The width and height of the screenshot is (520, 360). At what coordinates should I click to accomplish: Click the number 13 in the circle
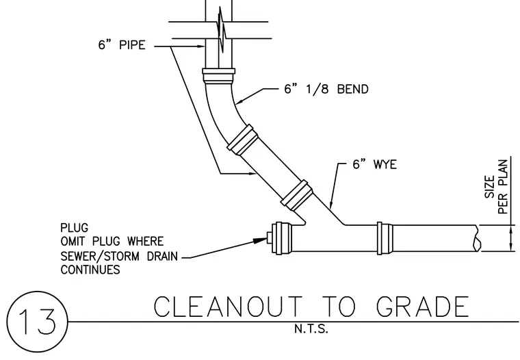[x=37, y=321]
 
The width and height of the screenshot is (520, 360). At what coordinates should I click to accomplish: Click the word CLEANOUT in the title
[x=228, y=307]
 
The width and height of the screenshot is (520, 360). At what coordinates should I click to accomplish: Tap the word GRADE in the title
[x=423, y=307]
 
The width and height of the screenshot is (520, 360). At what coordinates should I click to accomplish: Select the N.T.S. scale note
[x=311, y=329]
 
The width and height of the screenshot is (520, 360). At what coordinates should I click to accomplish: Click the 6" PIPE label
[x=122, y=44]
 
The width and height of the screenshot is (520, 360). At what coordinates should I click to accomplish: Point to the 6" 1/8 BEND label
[x=326, y=89]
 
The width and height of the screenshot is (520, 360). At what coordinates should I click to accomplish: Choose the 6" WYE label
[x=374, y=164]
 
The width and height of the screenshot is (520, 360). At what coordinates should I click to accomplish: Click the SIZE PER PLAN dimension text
[x=497, y=187]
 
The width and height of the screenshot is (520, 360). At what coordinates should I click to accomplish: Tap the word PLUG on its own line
[x=75, y=228]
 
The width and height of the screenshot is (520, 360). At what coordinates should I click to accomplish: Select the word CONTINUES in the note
[x=90, y=270]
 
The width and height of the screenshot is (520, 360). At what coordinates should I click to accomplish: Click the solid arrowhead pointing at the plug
[x=260, y=240]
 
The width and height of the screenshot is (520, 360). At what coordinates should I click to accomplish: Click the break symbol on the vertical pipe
[x=222, y=29]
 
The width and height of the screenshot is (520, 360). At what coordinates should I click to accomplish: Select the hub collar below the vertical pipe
[x=218, y=76]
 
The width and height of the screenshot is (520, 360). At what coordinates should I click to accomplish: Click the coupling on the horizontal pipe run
[x=385, y=238]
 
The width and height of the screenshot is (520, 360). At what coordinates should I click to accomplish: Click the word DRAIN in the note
[x=163, y=256]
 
